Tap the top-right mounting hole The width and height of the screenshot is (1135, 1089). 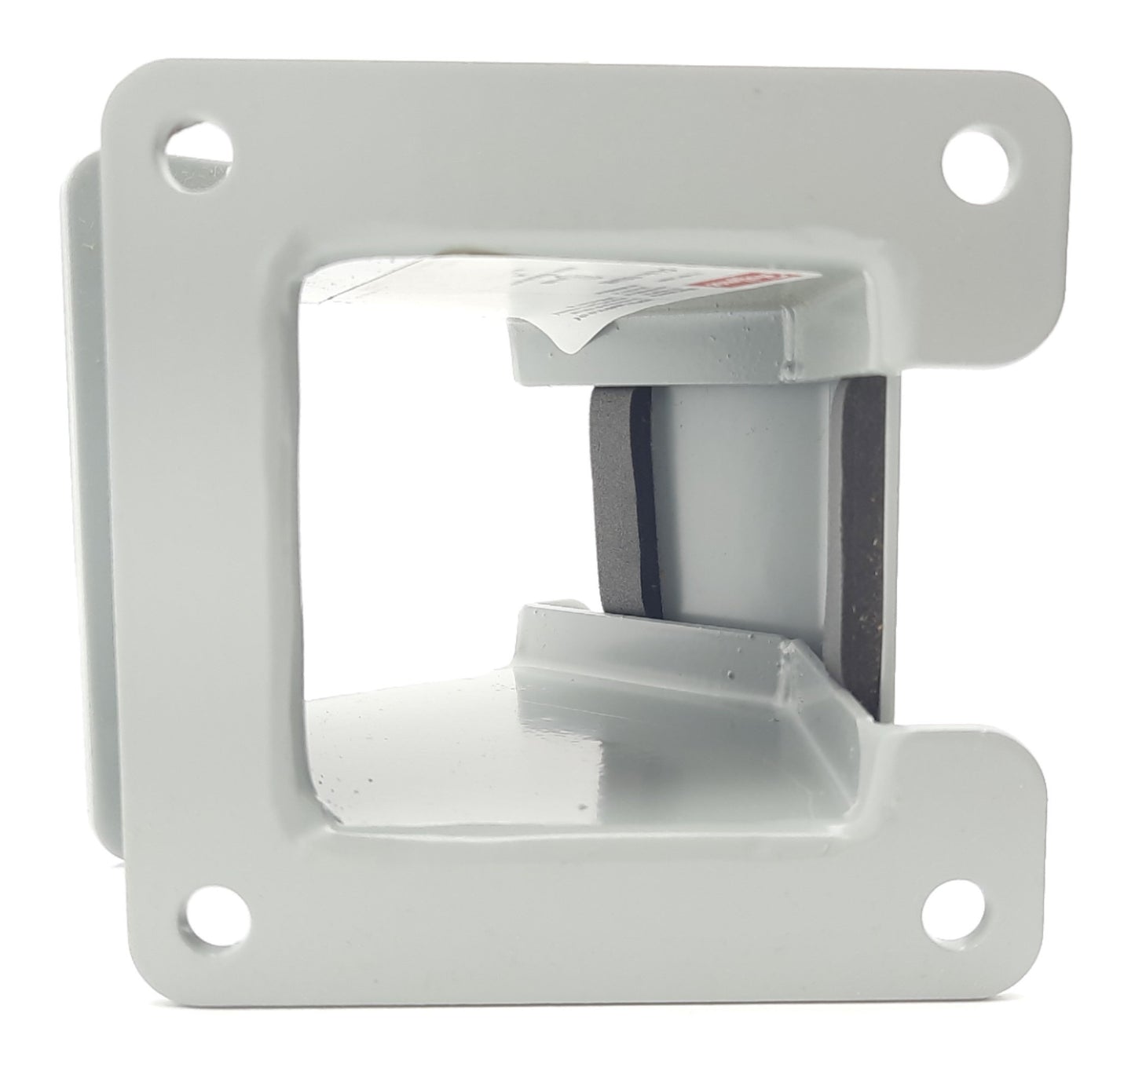(978, 163)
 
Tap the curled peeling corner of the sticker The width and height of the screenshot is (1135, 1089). (572, 339)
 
